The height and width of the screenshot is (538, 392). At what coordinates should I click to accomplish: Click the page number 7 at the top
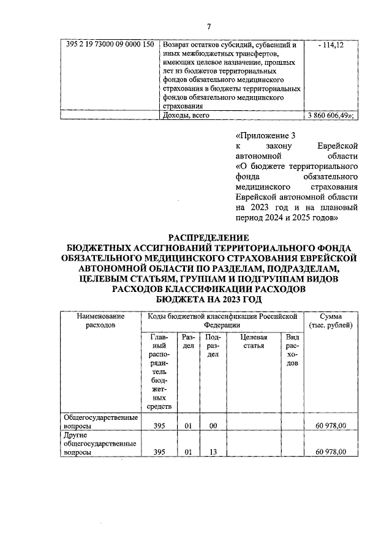coord(208,26)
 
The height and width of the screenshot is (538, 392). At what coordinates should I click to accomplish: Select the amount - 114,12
coord(331,45)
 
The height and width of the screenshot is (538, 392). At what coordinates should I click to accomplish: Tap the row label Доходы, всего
coord(187,116)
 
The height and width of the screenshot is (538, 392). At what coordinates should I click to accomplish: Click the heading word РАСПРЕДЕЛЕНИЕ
coord(208,237)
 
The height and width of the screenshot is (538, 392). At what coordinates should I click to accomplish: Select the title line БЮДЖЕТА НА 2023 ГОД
coord(208,299)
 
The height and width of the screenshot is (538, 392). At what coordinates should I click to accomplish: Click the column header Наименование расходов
coord(100,321)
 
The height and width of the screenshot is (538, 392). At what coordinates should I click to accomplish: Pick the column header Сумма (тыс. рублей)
coord(331,321)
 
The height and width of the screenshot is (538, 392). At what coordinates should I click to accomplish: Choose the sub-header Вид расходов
coord(292,350)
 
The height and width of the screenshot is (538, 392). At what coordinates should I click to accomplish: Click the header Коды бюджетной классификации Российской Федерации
coord(222,321)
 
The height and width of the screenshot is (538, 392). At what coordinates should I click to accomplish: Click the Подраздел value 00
coord(213,425)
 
